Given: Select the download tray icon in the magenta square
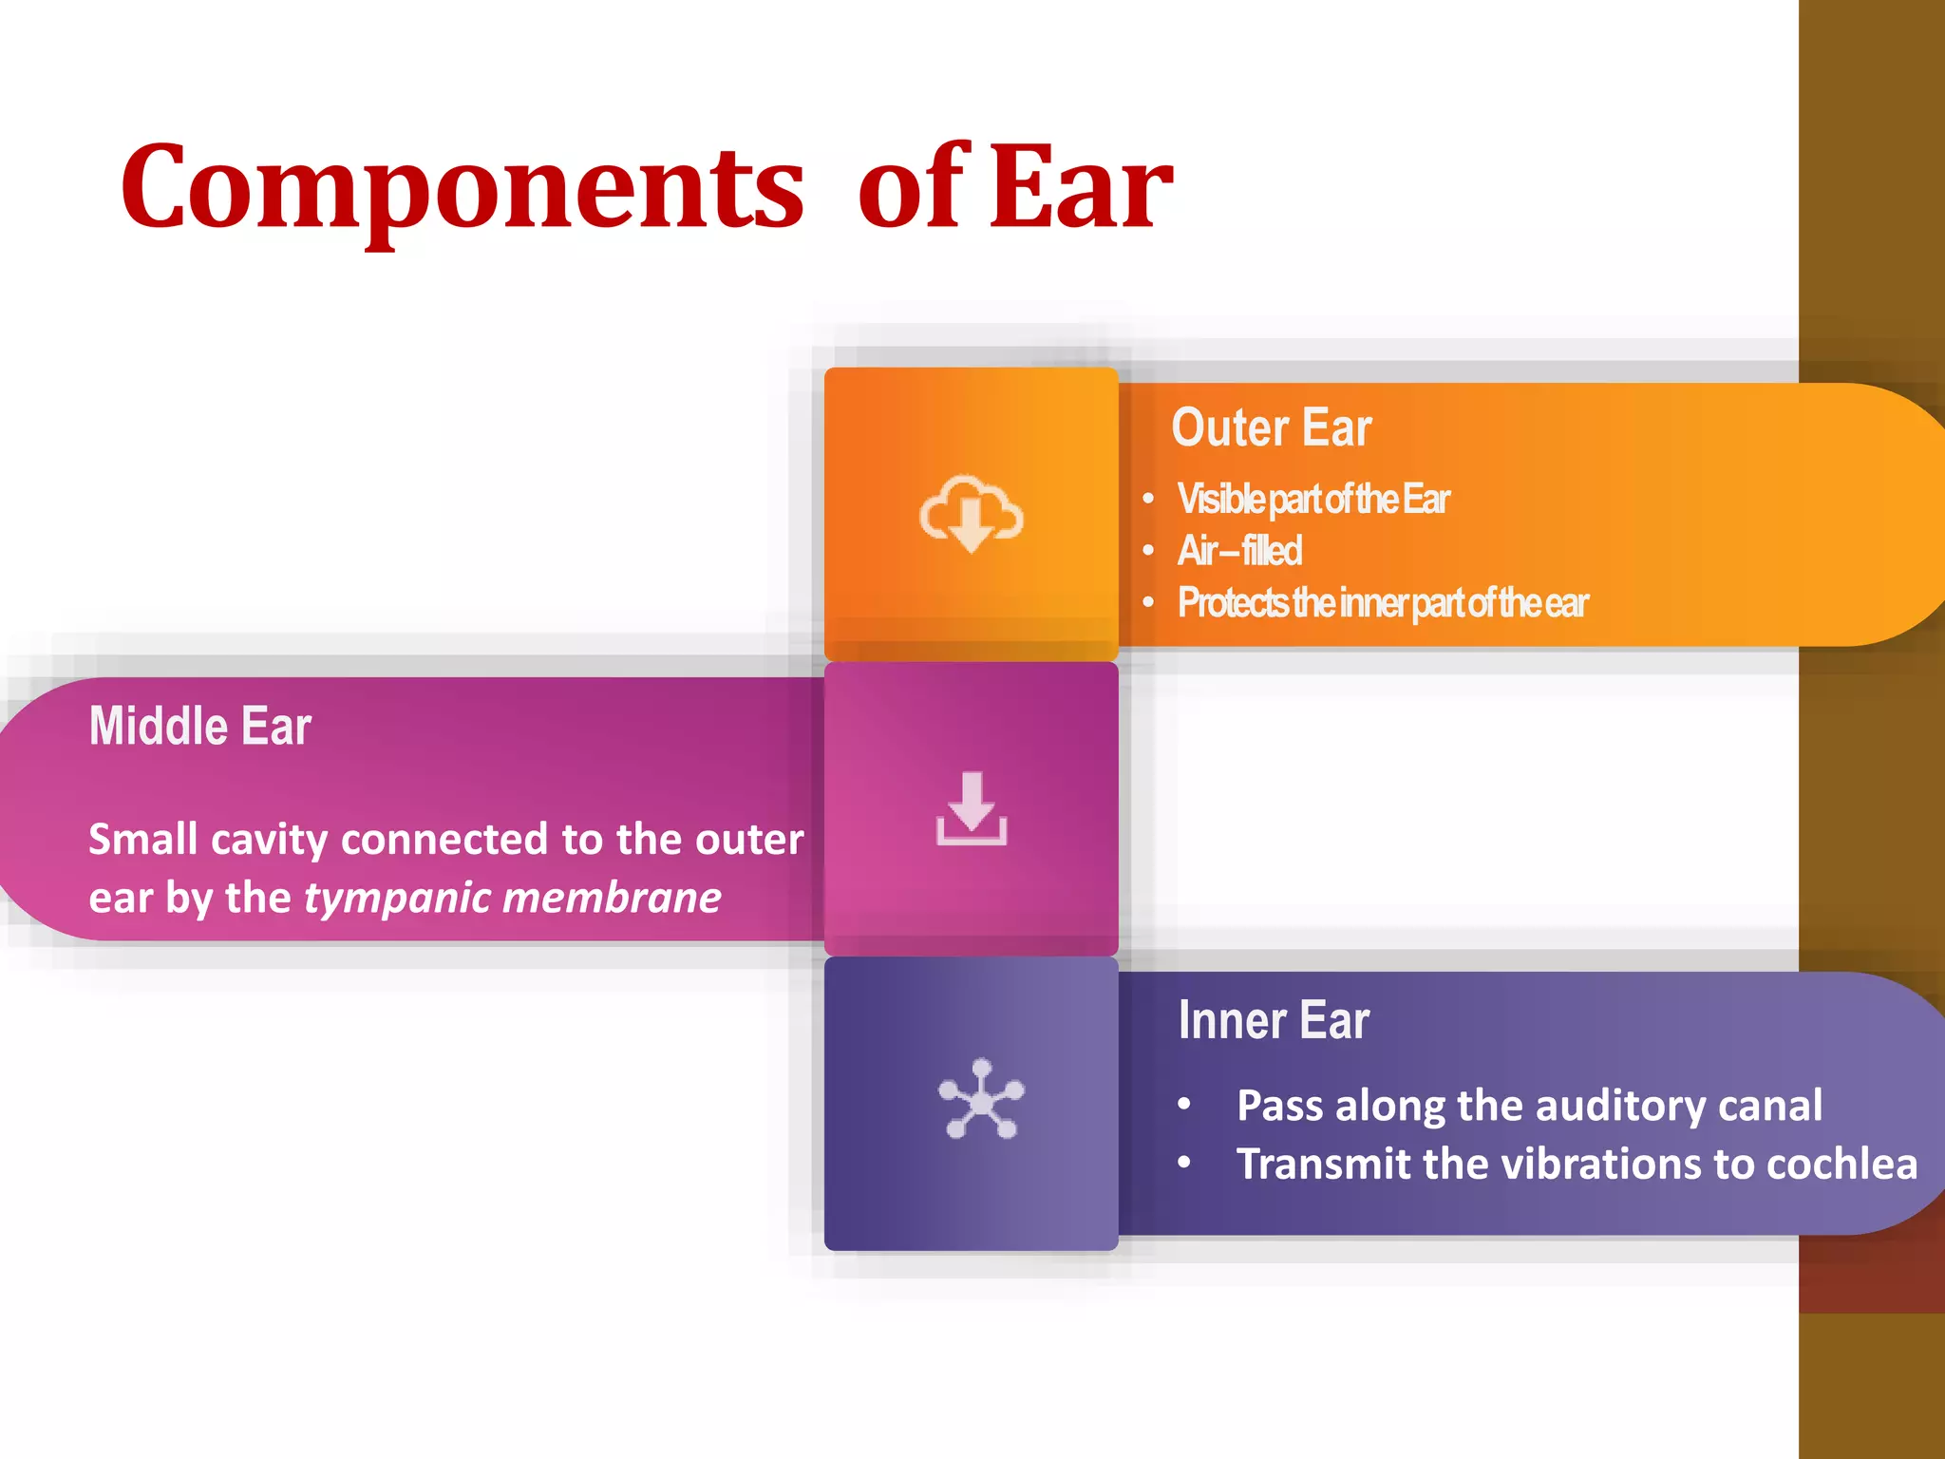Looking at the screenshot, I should point(971,809).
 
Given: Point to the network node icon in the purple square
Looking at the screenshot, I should point(981,1100).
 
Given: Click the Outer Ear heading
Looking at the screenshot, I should point(1271,427).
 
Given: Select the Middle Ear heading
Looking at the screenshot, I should point(199,727).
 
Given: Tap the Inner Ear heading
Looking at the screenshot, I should point(1273,1020).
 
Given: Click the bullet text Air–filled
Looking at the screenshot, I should point(1239,551).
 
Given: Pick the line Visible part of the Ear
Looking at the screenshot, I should point(1313,500).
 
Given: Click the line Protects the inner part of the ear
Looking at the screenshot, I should point(1383,603).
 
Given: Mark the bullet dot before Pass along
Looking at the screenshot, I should point(1183,1104).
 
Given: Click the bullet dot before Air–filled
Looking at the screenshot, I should point(1148,551).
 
